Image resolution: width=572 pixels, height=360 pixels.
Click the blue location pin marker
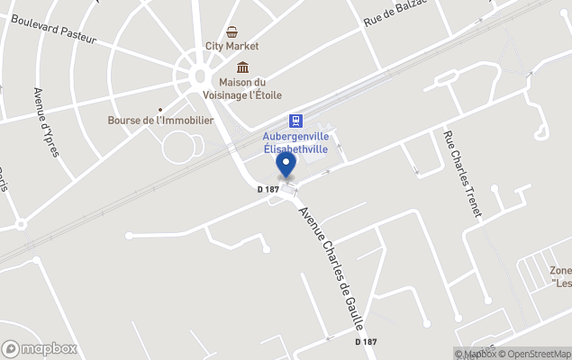pyautogui.click(x=286, y=166)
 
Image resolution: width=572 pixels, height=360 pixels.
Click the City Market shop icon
pyautogui.click(x=232, y=32)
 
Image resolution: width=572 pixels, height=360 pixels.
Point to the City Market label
pyautogui.click(x=232, y=46)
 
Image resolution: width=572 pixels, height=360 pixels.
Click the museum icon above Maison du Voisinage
pyautogui.click(x=243, y=67)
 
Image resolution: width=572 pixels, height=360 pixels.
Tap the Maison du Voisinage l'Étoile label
pyautogui.click(x=243, y=88)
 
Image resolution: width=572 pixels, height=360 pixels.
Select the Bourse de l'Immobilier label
pyautogui.click(x=160, y=120)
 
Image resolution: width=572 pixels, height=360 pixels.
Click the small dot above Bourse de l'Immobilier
pyautogui.click(x=160, y=109)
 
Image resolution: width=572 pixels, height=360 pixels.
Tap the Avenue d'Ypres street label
pyautogui.click(x=45, y=121)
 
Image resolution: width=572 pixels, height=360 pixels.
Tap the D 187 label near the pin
pyautogui.click(x=268, y=189)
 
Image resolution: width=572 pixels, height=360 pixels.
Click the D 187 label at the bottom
pyautogui.click(x=366, y=342)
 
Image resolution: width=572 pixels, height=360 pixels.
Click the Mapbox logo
pyautogui.click(x=40, y=348)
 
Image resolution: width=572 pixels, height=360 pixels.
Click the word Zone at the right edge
pyautogui.click(x=560, y=270)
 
